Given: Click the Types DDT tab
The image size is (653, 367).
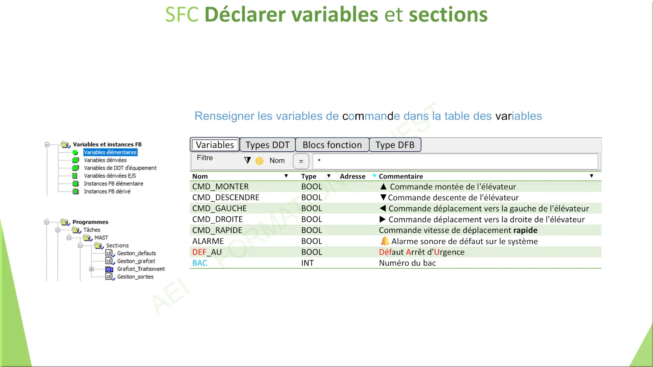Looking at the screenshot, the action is (x=267, y=145).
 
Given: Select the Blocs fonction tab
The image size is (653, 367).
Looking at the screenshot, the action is (x=332, y=145).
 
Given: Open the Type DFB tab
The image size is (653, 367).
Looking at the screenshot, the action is (x=395, y=145).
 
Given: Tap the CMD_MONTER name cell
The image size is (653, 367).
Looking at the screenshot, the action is (x=220, y=187).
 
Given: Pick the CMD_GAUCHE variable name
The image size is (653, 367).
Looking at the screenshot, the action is (x=219, y=208).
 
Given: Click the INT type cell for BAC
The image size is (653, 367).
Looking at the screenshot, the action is (x=307, y=263).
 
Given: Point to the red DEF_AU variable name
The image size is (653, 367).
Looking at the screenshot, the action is (x=207, y=252).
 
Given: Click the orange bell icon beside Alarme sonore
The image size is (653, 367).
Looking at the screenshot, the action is (x=385, y=241).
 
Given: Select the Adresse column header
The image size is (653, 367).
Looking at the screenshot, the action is (x=353, y=176).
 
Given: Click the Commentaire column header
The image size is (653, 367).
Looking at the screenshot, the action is (x=401, y=176).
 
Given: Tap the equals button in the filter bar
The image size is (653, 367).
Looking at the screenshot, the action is (x=301, y=161).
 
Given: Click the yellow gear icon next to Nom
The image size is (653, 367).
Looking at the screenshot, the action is (x=259, y=161).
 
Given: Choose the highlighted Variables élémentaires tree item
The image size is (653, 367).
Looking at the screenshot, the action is (x=110, y=152).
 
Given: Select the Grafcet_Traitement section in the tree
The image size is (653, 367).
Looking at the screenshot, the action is (x=141, y=269).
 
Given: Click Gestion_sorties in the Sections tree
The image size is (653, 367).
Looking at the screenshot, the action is (x=135, y=277).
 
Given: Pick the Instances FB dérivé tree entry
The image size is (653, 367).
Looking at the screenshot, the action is (x=107, y=191).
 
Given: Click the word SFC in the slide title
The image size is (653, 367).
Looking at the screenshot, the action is (x=182, y=15).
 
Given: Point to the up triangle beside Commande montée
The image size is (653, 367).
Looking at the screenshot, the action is (x=383, y=187).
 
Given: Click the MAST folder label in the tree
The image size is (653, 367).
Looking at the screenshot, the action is (x=101, y=238).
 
